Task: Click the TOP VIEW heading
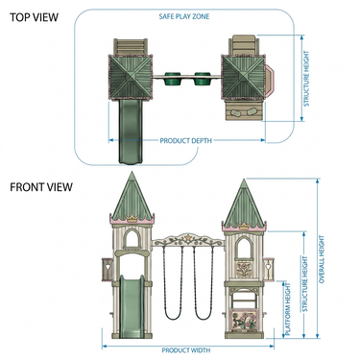[x=34, y=17]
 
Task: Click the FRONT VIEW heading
[x=41, y=187]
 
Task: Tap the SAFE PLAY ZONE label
[x=184, y=16]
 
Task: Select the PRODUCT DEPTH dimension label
[x=186, y=140]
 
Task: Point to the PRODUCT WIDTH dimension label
[x=186, y=350]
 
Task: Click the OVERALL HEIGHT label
[x=322, y=259]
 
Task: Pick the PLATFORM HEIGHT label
[x=288, y=309]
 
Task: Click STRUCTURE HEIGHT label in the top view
[x=306, y=79]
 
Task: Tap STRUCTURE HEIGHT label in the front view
[x=305, y=284]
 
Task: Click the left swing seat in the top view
[x=172, y=79]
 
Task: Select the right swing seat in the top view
[x=202, y=79]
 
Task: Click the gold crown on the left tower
[x=132, y=219]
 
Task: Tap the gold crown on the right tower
[x=245, y=226]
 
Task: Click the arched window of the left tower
[x=132, y=237]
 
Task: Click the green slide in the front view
[x=132, y=306]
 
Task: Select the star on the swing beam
[x=188, y=238]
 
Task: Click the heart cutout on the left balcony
[x=108, y=265]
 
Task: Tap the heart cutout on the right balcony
[x=268, y=265]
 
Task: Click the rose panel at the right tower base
[x=244, y=321]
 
